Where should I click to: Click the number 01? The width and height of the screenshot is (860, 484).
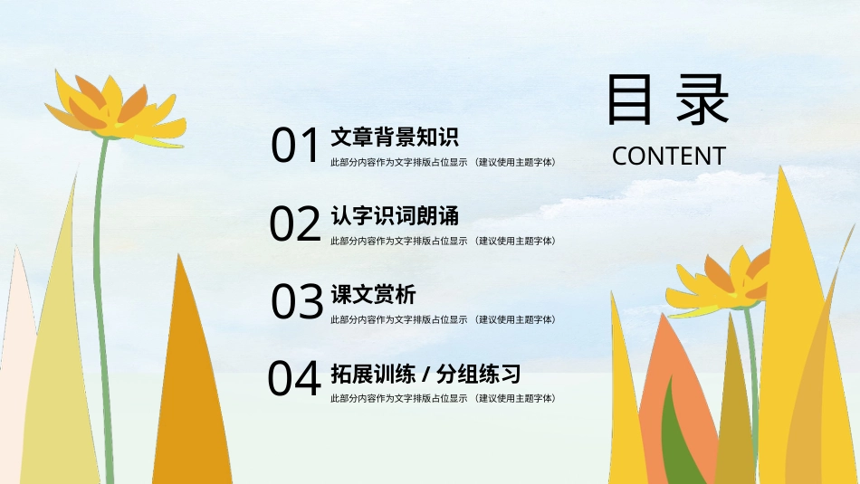(296, 146)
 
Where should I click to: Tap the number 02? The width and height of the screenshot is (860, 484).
(295, 224)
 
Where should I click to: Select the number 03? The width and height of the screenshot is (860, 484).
(298, 302)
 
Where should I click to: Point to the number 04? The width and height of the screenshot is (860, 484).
(294, 380)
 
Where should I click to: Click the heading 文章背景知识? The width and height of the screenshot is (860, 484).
(395, 138)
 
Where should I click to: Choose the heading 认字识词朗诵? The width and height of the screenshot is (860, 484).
(395, 216)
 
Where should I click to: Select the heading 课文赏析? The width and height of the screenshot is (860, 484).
(373, 295)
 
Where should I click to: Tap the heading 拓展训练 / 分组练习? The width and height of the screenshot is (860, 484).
(425, 374)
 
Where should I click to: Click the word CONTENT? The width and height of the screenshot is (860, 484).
(669, 156)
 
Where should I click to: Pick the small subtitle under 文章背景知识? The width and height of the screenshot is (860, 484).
(443, 163)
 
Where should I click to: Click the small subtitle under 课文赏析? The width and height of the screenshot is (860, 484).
(443, 319)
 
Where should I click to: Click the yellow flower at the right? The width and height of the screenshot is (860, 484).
(724, 282)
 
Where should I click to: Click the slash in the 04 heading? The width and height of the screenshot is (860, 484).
(426, 375)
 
